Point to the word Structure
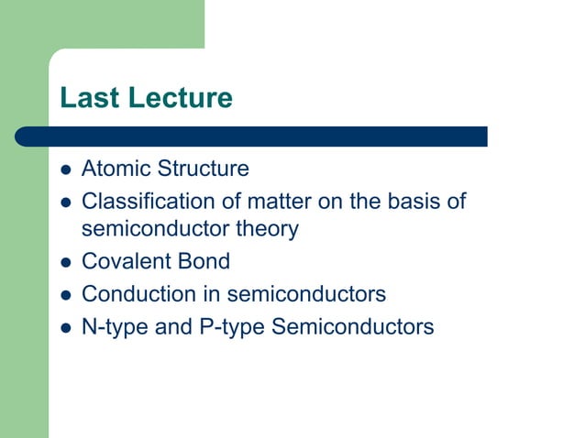click(204, 170)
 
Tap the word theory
click(264, 229)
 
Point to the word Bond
click(203, 262)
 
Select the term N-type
click(109, 326)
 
